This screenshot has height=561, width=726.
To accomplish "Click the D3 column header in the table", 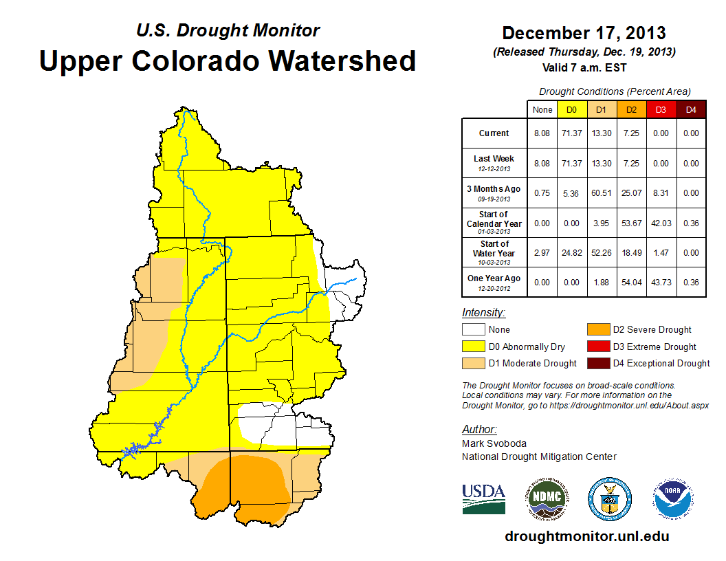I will coord(660,109).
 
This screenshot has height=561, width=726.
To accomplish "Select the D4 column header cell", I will coord(691,109).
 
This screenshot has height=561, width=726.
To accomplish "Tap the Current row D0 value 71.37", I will coord(571,133).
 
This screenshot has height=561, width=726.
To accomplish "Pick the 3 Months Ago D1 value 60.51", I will coord(601,193).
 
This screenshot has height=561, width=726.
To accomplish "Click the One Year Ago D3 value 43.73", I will coord(660,283).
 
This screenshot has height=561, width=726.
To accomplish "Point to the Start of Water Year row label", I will coord(494,252).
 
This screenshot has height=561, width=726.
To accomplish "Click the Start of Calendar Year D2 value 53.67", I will coord(630,223).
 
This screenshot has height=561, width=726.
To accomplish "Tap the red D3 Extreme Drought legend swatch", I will coord(597,346).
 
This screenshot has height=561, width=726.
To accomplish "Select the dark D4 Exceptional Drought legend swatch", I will coord(597,363).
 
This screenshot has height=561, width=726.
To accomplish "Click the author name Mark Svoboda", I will coord(488,444).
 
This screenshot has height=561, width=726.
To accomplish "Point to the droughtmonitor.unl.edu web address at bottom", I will coord(586,536).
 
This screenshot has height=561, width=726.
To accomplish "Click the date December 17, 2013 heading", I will coord(584,33).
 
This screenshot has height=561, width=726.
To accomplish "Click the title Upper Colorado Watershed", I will coord(228,60).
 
